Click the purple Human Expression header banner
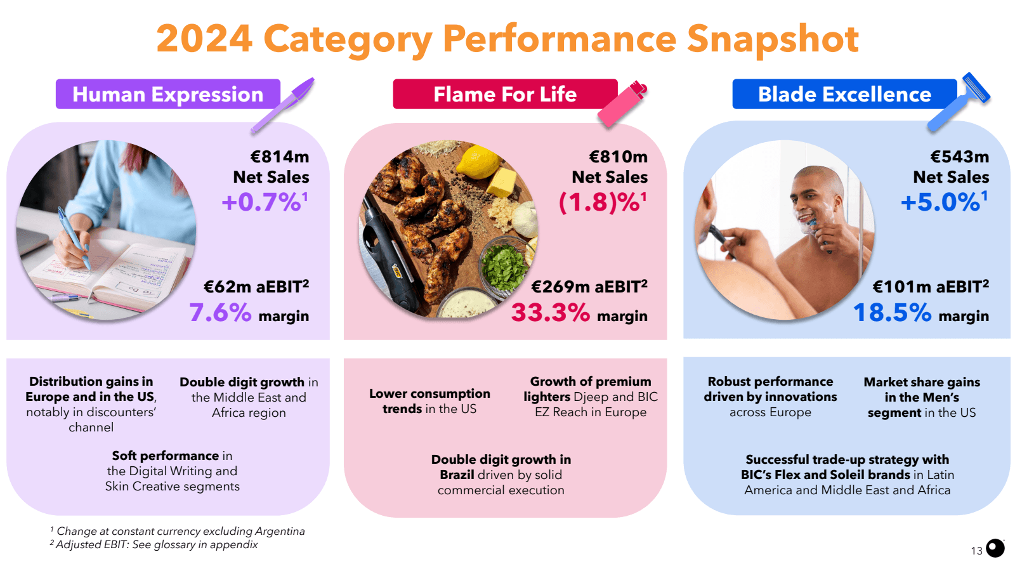pos(167,94)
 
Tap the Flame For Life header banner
pos(504,94)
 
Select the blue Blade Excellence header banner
pos(844,94)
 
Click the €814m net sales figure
pos(280,157)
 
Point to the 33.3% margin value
pos(551,313)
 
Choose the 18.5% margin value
pos(892,313)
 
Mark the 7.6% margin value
pos(220,313)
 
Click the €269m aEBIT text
pos(589,287)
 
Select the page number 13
pos(976,551)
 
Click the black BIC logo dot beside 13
pos(995,548)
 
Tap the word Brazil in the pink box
pos(457,475)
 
